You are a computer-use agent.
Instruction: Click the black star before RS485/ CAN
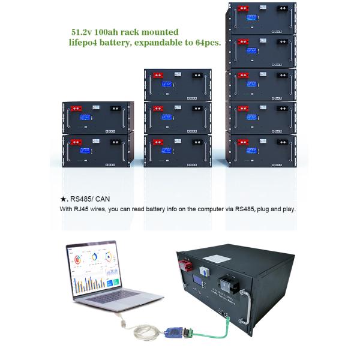(x=62, y=198)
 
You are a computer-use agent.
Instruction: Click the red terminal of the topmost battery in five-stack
(x=243, y=9)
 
